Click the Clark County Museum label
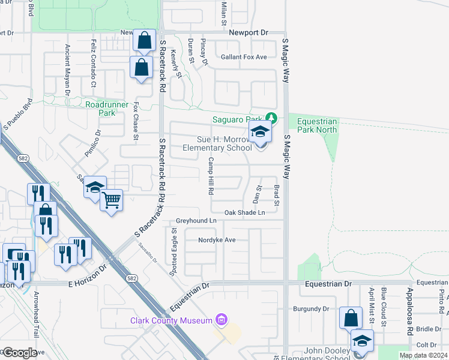[x=171, y=320]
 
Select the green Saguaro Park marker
[x=271, y=117]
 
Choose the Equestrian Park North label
[x=317, y=125]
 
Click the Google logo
[x=19, y=353]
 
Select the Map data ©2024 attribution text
[x=423, y=355]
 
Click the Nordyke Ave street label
[x=217, y=240]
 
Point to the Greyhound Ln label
[x=196, y=221]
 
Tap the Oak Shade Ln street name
[x=244, y=212]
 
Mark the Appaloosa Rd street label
[x=409, y=315]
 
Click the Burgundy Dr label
[x=311, y=309]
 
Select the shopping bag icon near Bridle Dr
[x=350, y=318]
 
